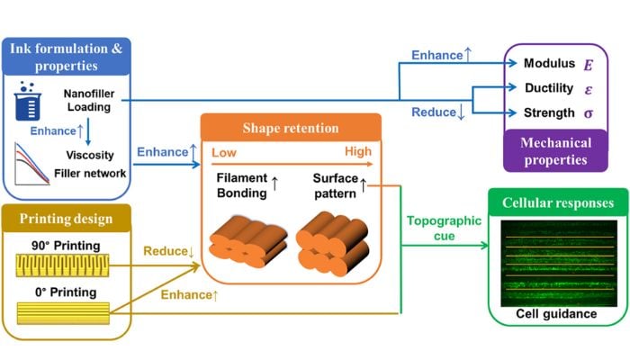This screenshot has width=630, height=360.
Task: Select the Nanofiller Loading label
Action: (x=89, y=101)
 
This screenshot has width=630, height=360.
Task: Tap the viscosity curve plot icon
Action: (x=32, y=164)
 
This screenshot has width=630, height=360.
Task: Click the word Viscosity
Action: (x=90, y=155)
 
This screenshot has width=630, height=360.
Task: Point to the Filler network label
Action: (x=90, y=174)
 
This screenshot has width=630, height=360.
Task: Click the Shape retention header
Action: (x=291, y=128)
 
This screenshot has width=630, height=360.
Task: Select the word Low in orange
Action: (x=224, y=153)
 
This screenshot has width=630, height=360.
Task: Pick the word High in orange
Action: (x=358, y=151)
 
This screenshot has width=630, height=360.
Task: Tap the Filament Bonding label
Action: (x=242, y=185)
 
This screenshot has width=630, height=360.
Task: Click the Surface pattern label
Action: (x=336, y=185)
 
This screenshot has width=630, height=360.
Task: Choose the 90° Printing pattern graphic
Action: (x=62, y=265)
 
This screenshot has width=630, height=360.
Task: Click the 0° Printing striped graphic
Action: (x=63, y=313)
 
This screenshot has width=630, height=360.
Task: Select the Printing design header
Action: (x=67, y=219)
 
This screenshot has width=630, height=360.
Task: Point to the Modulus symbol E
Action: (x=589, y=65)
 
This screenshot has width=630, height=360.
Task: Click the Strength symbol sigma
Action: (x=589, y=113)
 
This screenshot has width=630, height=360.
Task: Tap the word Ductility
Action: (x=549, y=88)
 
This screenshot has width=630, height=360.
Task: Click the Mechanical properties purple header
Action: (x=555, y=151)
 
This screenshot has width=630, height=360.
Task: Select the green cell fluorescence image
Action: (x=559, y=264)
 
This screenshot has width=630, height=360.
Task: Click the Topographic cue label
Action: (x=444, y=229)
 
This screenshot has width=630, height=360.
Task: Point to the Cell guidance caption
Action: (x=556, y=314)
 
